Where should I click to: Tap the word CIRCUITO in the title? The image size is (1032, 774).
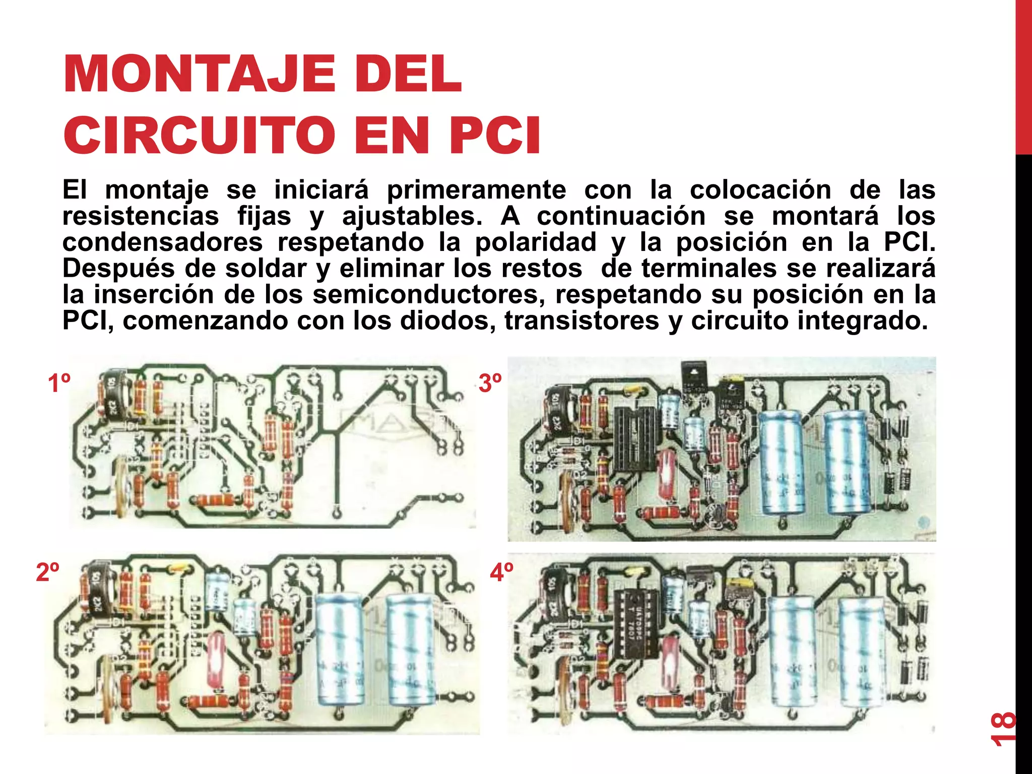200,135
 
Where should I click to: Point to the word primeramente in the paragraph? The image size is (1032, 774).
476,190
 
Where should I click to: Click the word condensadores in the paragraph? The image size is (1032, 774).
162,242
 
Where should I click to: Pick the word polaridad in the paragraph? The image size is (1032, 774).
536,242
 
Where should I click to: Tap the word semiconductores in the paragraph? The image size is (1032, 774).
429,294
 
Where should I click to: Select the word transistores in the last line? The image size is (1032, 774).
582,320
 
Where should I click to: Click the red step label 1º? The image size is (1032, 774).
59,383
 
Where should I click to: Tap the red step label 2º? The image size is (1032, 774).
48,572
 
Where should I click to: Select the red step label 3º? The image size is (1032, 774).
490,383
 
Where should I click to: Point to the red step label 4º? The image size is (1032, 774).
502,572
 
